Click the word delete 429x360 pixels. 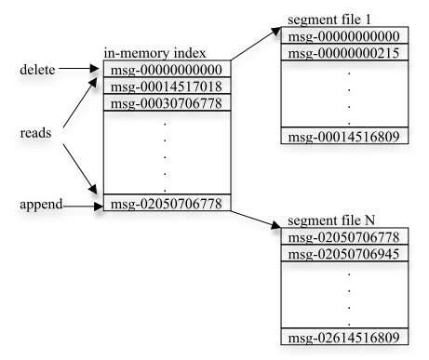click(37, 70)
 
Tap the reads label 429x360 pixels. click(35, 133)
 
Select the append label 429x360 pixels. click(41, 205)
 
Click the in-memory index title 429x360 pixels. click(154, 53)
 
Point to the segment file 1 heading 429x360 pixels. click(329, 20)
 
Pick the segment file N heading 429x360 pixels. click(331, 220)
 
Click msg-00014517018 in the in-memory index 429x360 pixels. click(167, 87)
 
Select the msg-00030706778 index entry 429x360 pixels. click(167, 103)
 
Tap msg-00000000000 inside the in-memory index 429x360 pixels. click(167, 70)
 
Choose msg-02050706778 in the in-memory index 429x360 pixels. click(167, 205)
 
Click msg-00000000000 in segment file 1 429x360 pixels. click(344, 36)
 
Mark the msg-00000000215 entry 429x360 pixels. click(344, 53)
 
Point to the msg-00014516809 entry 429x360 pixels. click(344, 137)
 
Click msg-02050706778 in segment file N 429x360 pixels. click(344, 237)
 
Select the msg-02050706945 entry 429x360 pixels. click(344, 254)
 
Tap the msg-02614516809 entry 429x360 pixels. click(344, 338)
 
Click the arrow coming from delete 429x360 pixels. click(79, 68)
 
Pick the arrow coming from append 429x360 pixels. click(83, 207)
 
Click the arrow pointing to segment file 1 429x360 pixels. click(256, 44)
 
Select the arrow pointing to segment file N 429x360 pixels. click(256, 220)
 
